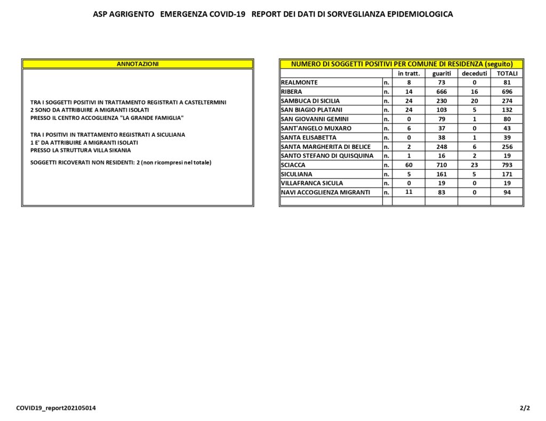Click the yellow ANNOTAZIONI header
pyautogui.click(x=138, y=64)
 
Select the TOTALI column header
pyautogui.click(x=507, y=73)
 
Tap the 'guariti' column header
pyautogui.click(x=441, y=73)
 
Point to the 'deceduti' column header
pyautogui.click(x=474, y=73)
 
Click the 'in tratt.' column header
pyautogui.click(x=409, y=73)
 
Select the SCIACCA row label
pyautogui.click(x=293, y=165)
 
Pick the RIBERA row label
pyautogui.click(x=292, y=92)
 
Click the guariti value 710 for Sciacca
pyautogui.click(x=441, y=165)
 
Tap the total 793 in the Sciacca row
pyautogui.click(x=507, y=165)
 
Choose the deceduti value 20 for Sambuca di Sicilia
pyautogui.click(x=474, y=101)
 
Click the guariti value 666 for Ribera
pyautogui.click(x=441, y=92)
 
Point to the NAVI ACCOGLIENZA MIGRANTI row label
pyautogui.click(x=325, y=192)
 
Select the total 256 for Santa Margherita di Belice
pyautogui.click(x=507, y=146)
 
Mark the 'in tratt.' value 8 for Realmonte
pyautogui.click(x=409, y=82)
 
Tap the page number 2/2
pyautogui.click(x=525, y=408)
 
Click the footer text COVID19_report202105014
pyautogui.click(x=56, y=408)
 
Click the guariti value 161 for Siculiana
pyautogui.click(x=441, y=174)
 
